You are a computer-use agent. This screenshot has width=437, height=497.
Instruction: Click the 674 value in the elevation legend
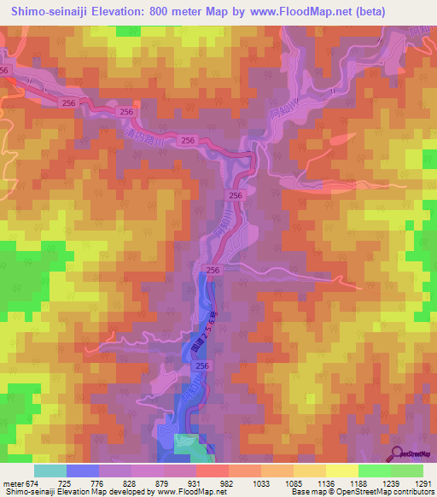click(26, 483)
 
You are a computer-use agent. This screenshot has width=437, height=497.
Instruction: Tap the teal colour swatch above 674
click(50, 471)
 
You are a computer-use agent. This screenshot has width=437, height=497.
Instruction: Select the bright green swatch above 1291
click(406, 471)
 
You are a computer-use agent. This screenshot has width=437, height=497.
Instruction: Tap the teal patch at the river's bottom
click(189, 443)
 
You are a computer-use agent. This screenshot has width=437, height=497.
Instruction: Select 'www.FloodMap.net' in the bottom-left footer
click(160, 493)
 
